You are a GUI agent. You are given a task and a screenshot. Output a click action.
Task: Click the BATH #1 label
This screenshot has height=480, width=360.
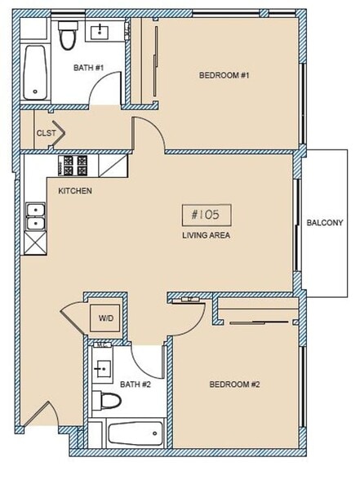point(88,67)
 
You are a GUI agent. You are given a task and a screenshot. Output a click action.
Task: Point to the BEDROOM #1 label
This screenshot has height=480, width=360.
point(223,76)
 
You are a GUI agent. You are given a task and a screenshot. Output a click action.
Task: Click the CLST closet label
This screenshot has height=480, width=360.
point(45,133)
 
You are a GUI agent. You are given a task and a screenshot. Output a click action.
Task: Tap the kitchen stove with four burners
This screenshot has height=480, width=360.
point(78,166)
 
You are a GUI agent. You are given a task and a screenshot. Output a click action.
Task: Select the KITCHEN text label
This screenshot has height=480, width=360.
point(74,191)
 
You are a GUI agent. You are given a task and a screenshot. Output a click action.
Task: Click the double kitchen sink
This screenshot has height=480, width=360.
point(36,216)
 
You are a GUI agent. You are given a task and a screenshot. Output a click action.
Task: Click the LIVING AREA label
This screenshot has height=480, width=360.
point(206,235)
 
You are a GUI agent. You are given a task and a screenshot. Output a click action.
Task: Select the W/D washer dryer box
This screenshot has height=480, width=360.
point(106,318)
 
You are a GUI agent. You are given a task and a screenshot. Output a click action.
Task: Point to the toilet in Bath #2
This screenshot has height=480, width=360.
point(108,400)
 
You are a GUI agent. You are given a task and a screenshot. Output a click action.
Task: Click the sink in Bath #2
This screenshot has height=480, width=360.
point(102,367)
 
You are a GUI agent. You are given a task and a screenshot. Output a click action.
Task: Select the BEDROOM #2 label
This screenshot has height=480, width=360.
point(233,384)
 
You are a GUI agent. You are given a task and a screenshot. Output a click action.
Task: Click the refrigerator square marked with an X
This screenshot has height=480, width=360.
point(36,242)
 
